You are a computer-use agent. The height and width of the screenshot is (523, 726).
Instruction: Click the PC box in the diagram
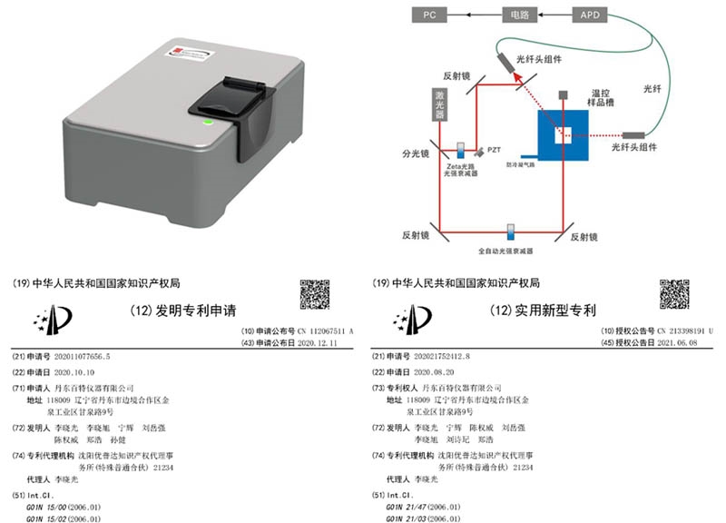click(x=431, y=15)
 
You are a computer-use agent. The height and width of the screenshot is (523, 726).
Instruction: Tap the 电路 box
click(x=518, y=15)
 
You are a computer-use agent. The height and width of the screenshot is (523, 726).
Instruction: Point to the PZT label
click(x=494, y=148)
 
